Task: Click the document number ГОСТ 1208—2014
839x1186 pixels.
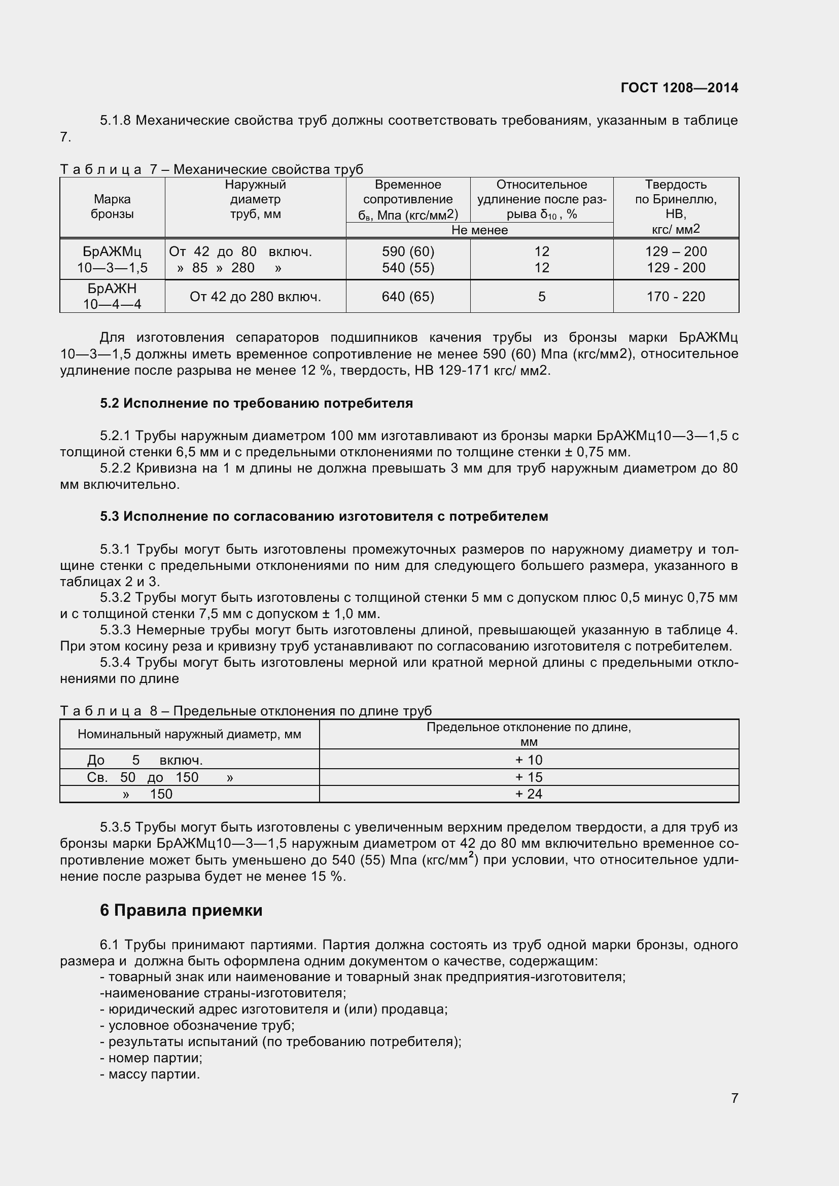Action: (679, 88)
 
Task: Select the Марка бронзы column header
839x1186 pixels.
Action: (112, 206)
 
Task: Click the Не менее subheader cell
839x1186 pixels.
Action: (479, 230)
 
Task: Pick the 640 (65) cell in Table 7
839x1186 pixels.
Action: (408, 297)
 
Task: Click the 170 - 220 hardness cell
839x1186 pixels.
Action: (675, 297)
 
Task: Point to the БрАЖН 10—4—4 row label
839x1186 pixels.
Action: (112, 296)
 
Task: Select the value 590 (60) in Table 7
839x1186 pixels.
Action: (408, 251)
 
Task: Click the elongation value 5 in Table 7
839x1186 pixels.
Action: (541, 297)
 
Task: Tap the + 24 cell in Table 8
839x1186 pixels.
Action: (529, 794)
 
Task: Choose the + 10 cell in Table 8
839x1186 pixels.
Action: (529, 760)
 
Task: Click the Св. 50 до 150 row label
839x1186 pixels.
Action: (160, 777)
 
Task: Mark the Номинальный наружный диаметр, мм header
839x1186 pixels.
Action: (189, 734)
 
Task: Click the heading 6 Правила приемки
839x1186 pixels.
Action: (181, 910)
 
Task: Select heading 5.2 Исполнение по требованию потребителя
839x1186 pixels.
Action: (256, 404)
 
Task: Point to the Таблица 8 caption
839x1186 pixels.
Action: (246, 711)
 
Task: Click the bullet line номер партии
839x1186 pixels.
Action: (151, 1058)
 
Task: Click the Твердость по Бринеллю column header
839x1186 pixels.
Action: (675, 206)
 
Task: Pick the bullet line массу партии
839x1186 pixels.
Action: (150, 1074)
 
